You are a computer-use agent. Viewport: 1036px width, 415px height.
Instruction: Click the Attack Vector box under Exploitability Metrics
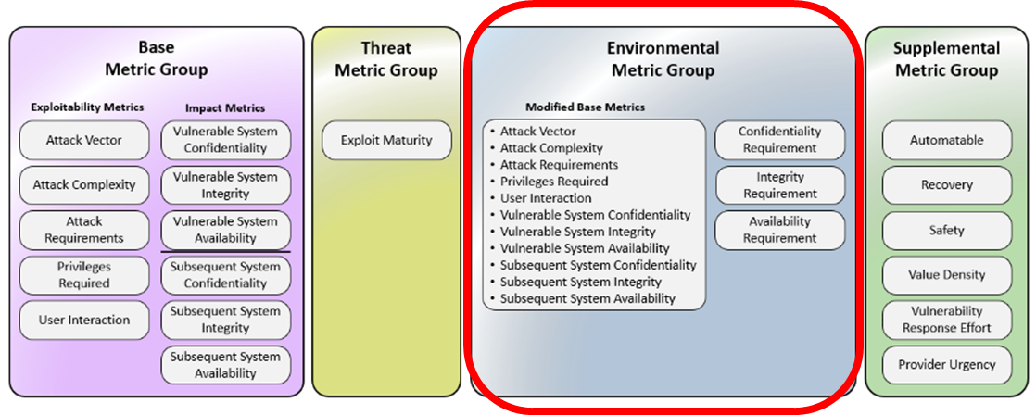(84, 140)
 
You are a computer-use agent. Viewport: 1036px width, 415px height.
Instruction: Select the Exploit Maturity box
(386, 140)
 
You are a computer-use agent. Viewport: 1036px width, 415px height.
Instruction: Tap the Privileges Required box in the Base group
(84, 275)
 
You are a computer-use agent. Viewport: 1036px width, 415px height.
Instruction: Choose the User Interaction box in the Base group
(84, 320)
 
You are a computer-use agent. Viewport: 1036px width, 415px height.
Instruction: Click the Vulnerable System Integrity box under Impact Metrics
(226, 185)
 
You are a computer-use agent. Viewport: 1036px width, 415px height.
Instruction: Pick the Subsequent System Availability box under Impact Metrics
(226, 365)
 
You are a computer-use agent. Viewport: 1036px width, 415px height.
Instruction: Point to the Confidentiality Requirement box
(779, 140)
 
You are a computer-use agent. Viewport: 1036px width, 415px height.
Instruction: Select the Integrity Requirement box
(779, 185)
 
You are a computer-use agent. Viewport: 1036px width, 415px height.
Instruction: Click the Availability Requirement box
(779, 230)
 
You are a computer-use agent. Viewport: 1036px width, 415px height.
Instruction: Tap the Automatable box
(947, 140)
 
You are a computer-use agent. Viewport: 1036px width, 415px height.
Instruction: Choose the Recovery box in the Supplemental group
(947, 185)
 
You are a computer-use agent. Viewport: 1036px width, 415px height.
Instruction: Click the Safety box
(947, 230)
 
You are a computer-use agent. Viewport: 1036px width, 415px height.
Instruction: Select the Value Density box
(947, 275)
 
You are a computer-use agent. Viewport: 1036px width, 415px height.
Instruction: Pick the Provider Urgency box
(947, 365)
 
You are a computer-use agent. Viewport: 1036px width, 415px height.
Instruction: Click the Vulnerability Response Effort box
(947, 320)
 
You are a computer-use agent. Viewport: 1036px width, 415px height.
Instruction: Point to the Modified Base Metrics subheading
(586, 107)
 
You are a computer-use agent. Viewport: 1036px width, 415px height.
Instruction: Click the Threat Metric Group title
(386, 58)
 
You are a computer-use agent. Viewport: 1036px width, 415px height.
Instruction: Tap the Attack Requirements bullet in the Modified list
(559, 165)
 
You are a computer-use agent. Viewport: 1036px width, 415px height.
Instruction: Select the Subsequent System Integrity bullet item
(581, 282)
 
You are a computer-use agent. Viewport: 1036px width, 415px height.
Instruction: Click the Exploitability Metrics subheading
(87, 107)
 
